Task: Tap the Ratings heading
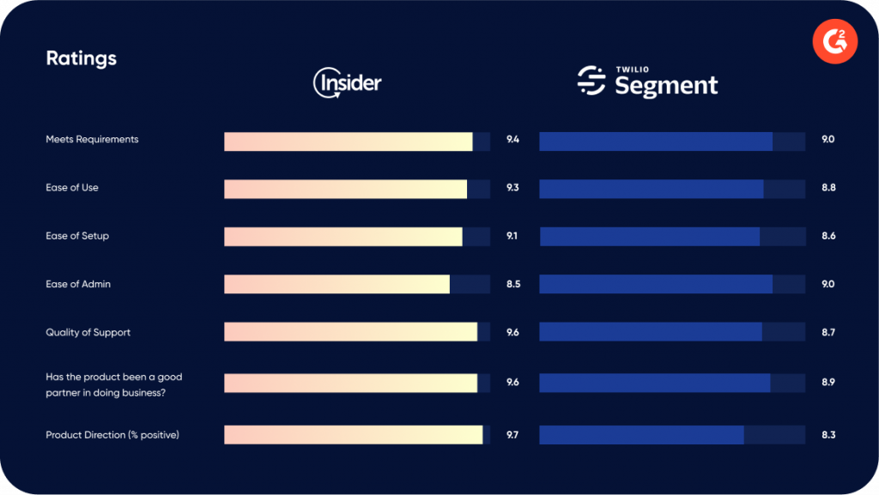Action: [x=81, y=58]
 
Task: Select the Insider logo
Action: [x=347, y=83]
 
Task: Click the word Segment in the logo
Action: [x=666, y=86]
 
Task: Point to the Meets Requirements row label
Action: [x=92, y=139]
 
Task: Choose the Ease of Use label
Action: [x=72, y=188]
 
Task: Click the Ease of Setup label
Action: [x=77, y=236]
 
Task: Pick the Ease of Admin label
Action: [x=78, y=284]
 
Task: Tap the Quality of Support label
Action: [x=88, y=332]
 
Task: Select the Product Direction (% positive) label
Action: [x=112, y=435]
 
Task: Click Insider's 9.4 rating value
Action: [x=512, y=139]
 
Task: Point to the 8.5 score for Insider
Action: [x=512, y=284]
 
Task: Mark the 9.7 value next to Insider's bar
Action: [x=512, y=435]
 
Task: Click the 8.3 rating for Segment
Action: [x=828, y=435]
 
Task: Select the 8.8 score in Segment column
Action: [x=828, y=188]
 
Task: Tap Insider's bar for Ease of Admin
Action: [x=336, y=284]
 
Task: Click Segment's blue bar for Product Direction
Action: [x=640, y=435]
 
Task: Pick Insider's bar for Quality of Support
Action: [x=350, y=332]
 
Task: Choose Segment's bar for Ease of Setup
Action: [x=649, y=236]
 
